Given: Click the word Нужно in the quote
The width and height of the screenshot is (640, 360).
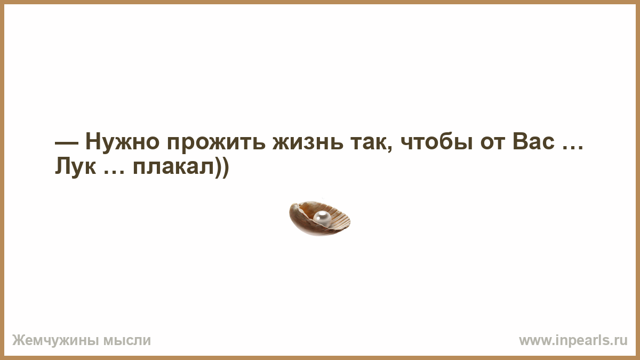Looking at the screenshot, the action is coord(122,141).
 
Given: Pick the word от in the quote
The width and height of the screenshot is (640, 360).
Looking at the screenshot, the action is coord(493,142).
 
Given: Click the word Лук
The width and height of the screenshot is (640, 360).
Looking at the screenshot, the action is coord(75,167).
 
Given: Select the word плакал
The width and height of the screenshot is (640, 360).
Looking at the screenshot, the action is coord(174,167).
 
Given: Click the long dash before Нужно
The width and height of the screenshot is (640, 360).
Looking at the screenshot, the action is coord(66,143).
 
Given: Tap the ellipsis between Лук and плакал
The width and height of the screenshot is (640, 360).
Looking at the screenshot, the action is coord(114,172).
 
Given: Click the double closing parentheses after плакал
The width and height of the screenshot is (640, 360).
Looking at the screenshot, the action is coord(222,167).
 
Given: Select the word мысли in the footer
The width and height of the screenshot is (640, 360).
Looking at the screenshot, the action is coord(127,341).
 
